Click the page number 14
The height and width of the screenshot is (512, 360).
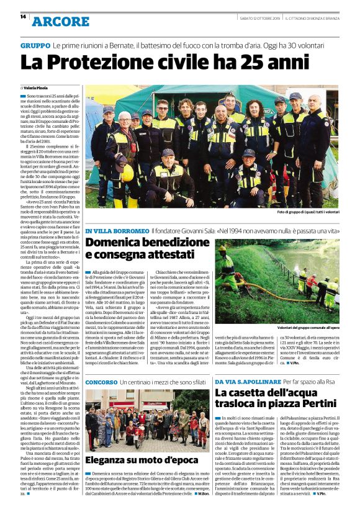click(x=23, y=17)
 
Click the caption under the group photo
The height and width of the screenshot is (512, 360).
click(x=307, y=212)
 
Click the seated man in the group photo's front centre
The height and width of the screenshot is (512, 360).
click(x=167, y=177)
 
